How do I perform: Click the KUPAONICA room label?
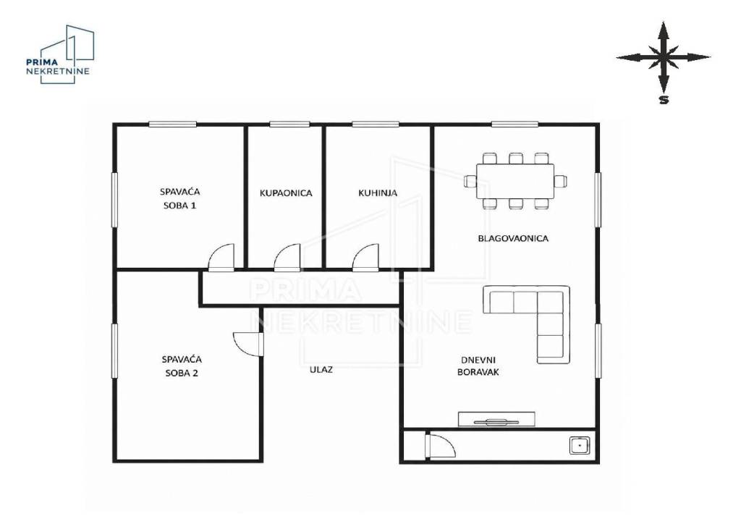(286, 193)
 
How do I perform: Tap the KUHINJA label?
(378, 193)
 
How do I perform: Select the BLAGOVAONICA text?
(513, 239)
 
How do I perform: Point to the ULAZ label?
(321, 370)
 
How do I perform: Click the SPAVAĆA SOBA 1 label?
(179, 198)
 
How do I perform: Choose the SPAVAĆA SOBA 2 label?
(182, 366)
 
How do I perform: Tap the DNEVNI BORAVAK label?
(478, 366)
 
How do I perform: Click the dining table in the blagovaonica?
(515, 182)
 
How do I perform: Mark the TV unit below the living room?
(496, 419)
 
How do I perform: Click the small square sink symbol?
(579, 446)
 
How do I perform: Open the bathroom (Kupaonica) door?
(287, 258)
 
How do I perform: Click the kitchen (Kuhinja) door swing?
(365, 258)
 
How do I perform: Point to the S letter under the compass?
(664, 100)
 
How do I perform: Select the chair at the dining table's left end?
(470, 182)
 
